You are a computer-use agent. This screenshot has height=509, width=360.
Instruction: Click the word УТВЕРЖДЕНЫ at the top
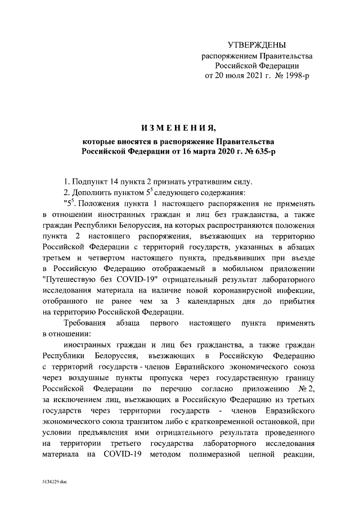[x=256, y=44]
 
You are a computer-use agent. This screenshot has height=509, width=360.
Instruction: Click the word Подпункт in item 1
[x=89, y=181]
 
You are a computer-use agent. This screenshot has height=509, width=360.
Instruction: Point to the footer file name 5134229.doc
[x=53, y=483]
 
